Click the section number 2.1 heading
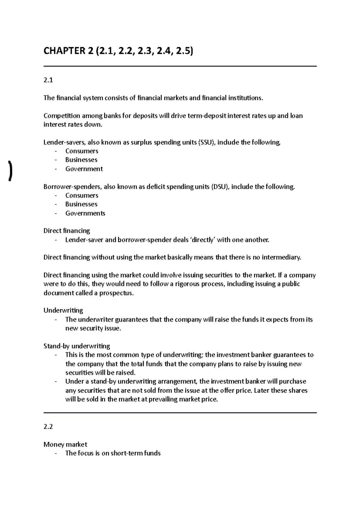point(48,80)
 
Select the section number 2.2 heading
point(48,427)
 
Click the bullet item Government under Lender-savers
point(84,169)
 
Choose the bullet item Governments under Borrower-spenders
point(85,213)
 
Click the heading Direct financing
point(67,231)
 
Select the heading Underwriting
point(63,310)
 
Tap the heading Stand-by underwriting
point(76,346)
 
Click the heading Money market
point(65,445)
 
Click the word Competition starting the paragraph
point(61,116)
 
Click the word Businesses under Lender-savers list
point(81,160)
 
